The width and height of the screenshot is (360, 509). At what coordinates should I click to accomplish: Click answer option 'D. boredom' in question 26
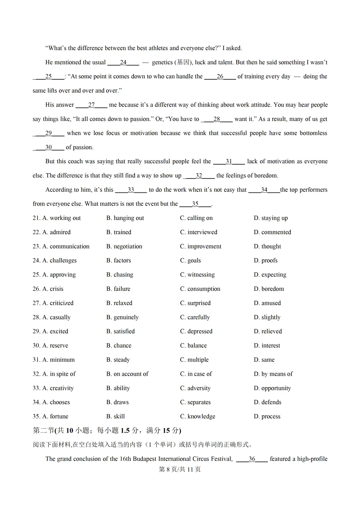coord(269,289)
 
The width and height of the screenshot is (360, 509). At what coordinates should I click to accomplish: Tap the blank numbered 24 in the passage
coord(123,62)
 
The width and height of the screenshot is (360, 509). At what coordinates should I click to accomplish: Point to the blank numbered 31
coord(229,161)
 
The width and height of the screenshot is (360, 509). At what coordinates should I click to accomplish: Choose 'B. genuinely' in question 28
coord(122,317)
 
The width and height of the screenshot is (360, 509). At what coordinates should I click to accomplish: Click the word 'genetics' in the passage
coord(162,62)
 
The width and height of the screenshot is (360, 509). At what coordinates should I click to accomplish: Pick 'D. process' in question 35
coord(267,416)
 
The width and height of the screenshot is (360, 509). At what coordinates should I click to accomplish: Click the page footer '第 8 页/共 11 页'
coord(180,469)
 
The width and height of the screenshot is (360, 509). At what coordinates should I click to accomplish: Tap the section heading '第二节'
coord(43,430)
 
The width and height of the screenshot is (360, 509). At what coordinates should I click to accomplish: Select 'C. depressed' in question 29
coord(196,331)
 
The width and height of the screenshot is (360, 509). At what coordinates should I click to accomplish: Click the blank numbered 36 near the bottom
coord(252,459)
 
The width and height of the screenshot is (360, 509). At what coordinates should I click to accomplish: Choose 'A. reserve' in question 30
coord(50,345)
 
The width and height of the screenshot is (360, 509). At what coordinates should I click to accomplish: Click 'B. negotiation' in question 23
coord(124,246)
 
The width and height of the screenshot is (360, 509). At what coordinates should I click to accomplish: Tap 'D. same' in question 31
coord(264,360)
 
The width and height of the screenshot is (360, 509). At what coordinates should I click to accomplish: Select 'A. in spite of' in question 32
coord(54,374)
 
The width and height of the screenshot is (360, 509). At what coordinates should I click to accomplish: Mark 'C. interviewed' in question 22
coord(198,232)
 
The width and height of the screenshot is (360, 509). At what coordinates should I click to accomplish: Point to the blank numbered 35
coord(195,204)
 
